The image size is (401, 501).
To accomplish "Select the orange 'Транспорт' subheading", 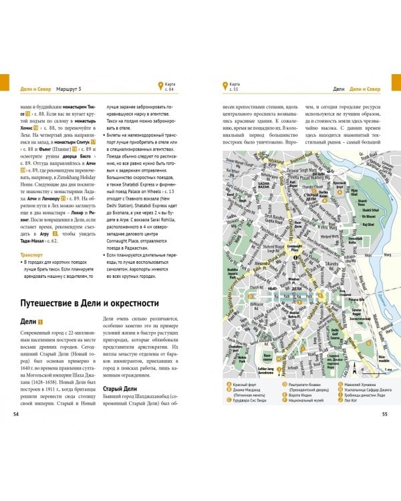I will (x=31, y=255).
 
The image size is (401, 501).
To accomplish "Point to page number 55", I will (x=384, y=414).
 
